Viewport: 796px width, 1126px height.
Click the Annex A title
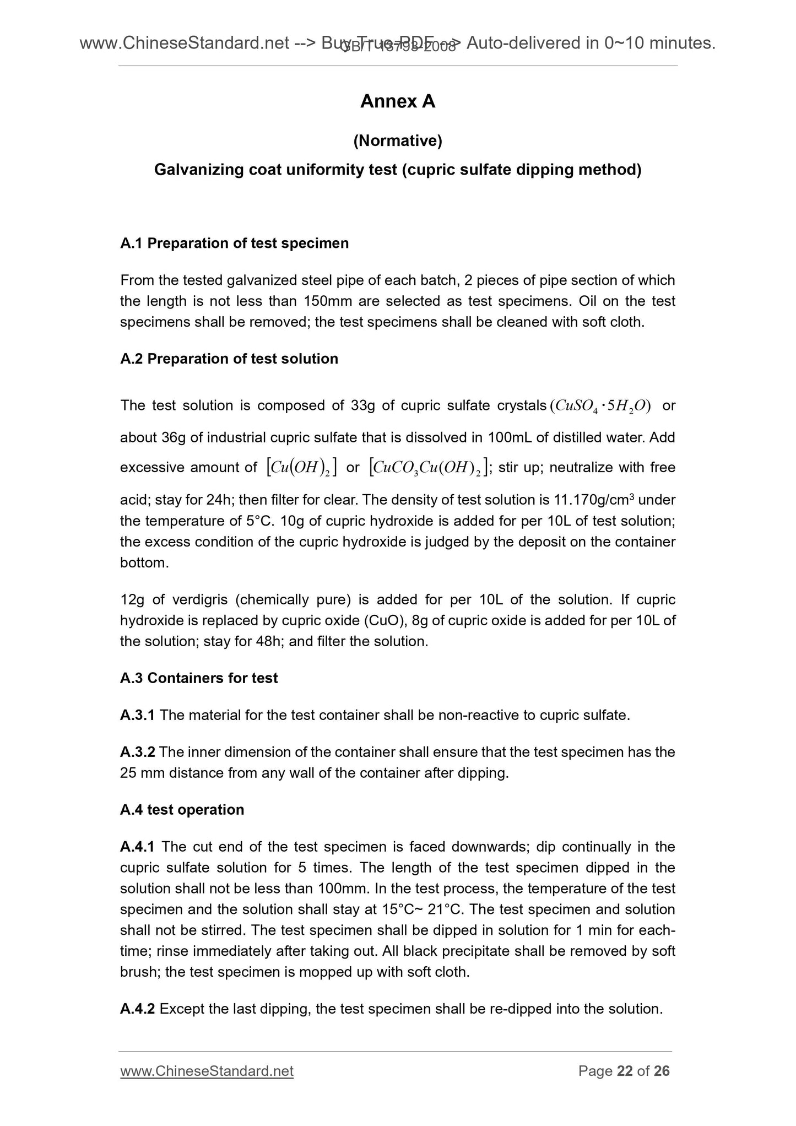(x=398, y=101)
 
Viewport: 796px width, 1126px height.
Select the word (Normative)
(x=398, y=142)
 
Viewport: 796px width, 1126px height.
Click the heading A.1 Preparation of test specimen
(x=234, y=243)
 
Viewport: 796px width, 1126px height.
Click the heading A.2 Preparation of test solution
(x=229, y=359)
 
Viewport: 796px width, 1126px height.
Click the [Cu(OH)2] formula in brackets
(x=301, y=468)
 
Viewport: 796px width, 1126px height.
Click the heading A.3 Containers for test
(x=199, y=678)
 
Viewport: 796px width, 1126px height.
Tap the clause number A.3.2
(x=138, y=752)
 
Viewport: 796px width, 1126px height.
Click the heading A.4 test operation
(x=182, y=810)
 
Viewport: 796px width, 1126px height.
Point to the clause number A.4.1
(x=138, y=847)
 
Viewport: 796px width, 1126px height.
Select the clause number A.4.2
(x=138, y=1009)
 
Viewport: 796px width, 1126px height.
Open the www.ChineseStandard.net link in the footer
(x=207, y=1071)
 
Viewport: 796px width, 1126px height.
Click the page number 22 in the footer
(x=625, y=1071)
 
